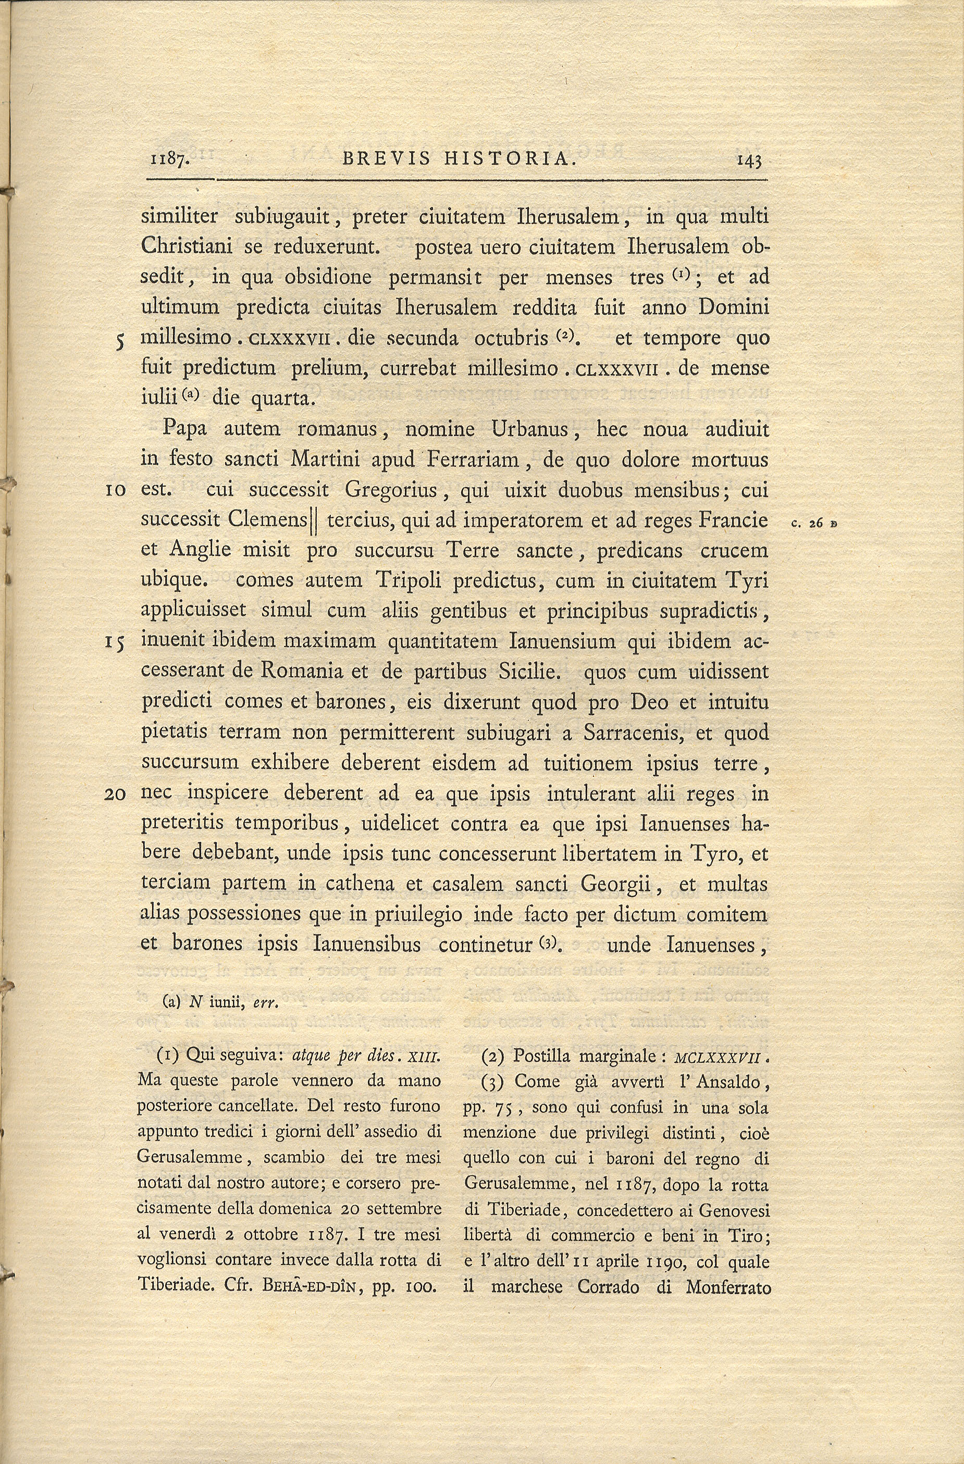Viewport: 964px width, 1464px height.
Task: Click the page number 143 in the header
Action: click(749, 161)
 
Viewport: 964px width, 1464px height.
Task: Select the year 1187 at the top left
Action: click(169, 161)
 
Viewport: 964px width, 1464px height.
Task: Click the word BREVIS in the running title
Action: click(382, 159)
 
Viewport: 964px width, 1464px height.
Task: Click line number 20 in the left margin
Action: click(115, 795)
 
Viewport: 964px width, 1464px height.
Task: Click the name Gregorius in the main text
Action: click(391, 490)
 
